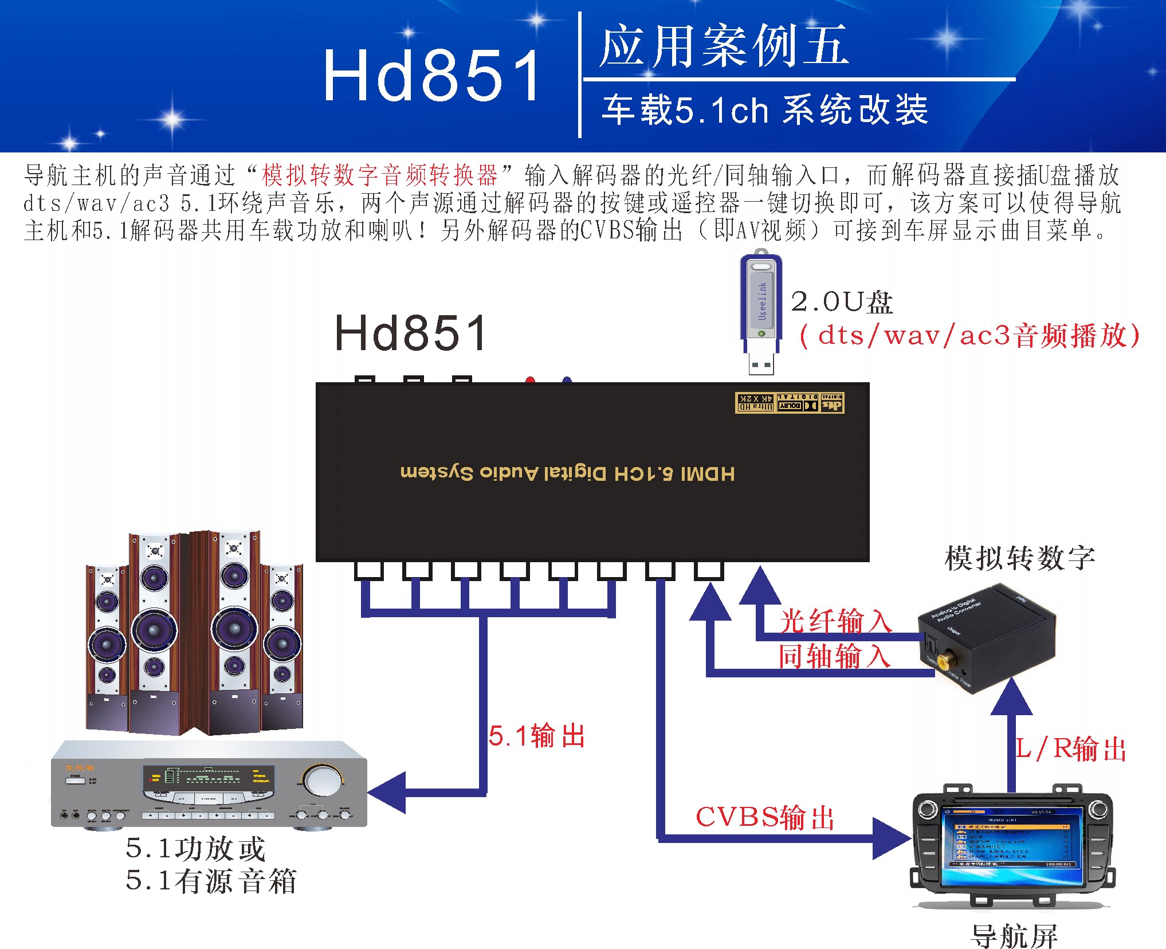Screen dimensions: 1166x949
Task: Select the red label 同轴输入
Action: pos(834,656)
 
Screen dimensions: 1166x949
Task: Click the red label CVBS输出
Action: pos(765,817)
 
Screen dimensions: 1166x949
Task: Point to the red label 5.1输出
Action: pos(537,736)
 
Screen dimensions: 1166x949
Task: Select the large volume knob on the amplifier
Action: pos(321,779)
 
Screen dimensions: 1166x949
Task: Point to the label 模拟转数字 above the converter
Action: pos(1020,558)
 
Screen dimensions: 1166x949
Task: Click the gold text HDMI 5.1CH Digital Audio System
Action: pos(567,473)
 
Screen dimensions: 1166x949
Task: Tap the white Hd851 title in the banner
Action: pos(431,75)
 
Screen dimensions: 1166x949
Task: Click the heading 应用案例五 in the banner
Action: pos(724,46)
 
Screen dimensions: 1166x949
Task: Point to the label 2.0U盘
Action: pos(841,302)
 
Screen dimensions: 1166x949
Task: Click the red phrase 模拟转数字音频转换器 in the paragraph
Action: pos(380,175)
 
